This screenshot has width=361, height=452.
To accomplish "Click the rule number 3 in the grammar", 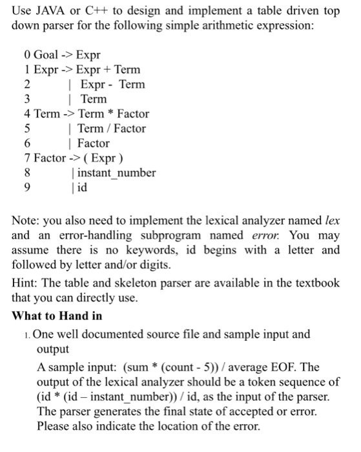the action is pos(26,99).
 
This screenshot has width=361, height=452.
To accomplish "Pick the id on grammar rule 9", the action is pos(81,187).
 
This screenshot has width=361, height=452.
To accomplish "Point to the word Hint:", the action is pos(28,285).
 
